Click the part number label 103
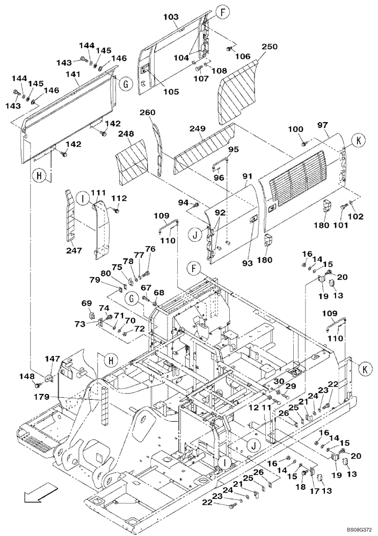[x=170, y=17]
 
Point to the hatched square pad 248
[x=132, y=159]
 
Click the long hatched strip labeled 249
[x=205, y=147]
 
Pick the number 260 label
[x=147, y=113]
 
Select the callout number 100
[x=296, y=130]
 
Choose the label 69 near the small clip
[x=86, y=304]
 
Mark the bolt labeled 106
[x=230, y=49]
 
